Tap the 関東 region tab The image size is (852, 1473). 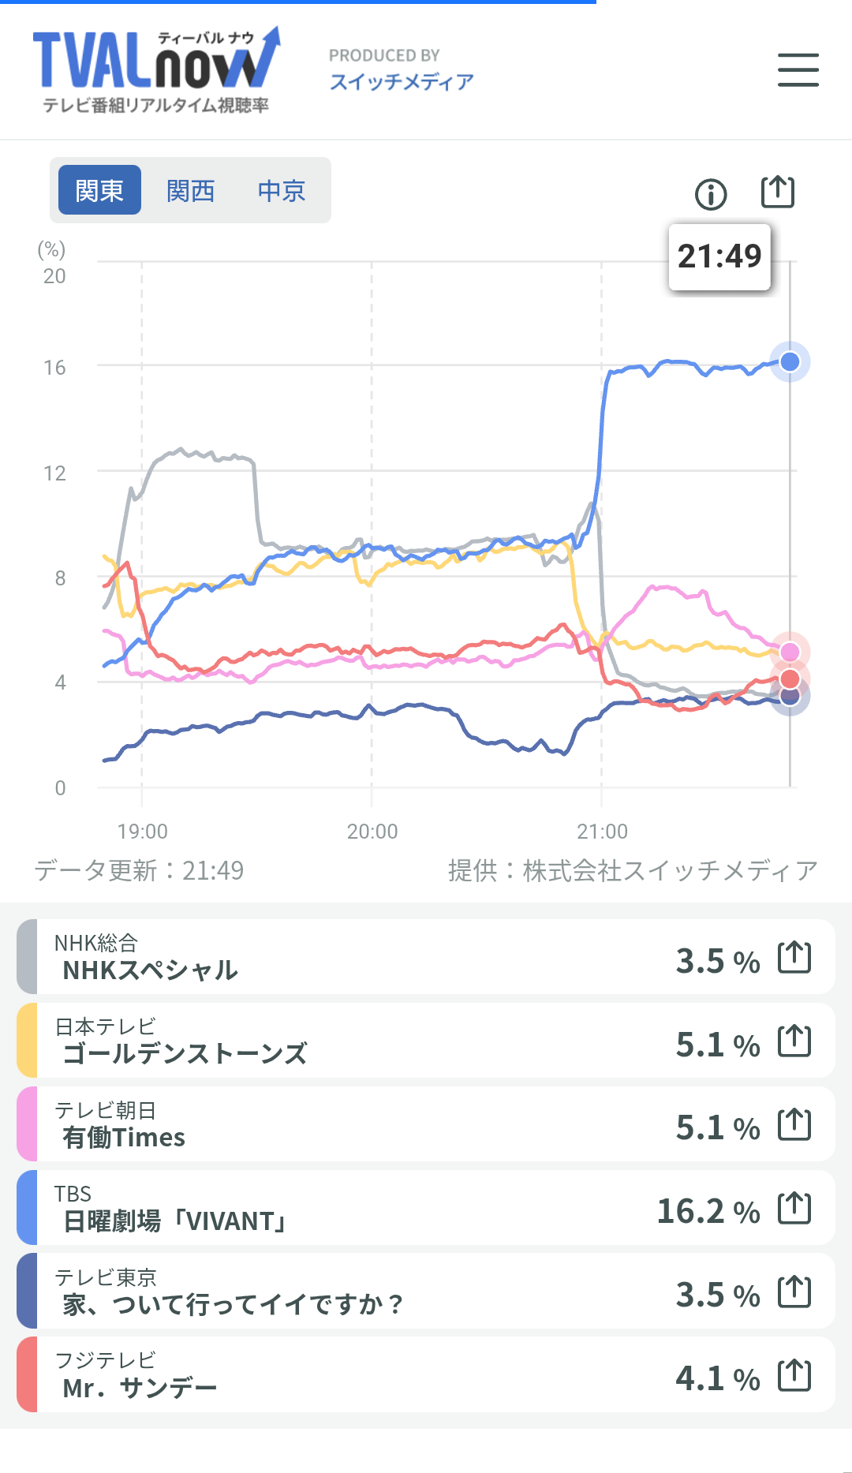coord(100,190)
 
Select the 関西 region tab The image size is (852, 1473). coord(191,190)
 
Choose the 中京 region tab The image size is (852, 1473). coord(282,190)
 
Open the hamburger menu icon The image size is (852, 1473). coord(798,70)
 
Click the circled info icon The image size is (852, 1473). coord(711,194)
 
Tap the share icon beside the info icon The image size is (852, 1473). coord(778,192)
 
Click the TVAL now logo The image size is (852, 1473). coord(156,70)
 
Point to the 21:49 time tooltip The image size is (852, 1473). coord(719,256)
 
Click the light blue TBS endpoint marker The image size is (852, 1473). coord(790,361)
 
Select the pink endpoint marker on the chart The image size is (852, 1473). coord(790,652)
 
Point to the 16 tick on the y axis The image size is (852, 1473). coord(54,368)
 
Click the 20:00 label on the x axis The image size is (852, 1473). coord(372,832)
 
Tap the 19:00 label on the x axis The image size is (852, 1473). coord(143,832)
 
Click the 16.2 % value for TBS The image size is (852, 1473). coord(708,1211)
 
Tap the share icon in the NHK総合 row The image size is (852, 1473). coord(794,957)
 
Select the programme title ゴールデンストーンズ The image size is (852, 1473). coord(185,1053)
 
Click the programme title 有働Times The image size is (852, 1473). coord(124,1137)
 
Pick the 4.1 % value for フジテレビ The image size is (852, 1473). coord(718,1378)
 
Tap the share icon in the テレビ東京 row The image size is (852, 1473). coord(794,1292)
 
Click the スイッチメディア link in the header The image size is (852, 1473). coord(402,82)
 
